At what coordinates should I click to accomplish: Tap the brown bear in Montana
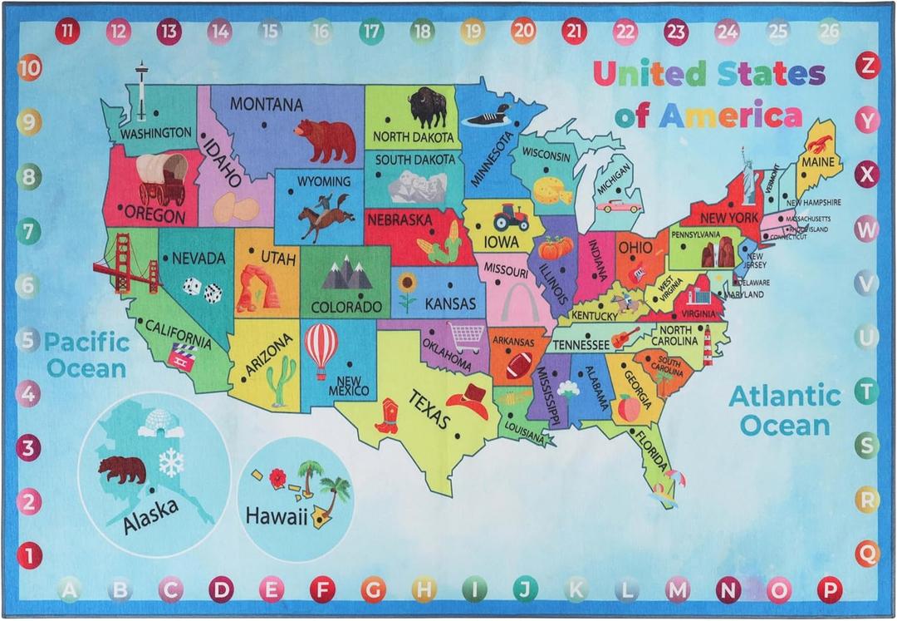pyautogui.click(x=326, y=139)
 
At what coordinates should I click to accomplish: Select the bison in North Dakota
pyautogui.click(x=428, y=106)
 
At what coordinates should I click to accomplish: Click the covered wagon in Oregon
pyautogui.click(x=163, y=178)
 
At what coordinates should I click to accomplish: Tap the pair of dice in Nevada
pyautogui.click(x=203, y=289)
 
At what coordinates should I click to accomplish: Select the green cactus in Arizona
pyautogui.click(x=282, y=379)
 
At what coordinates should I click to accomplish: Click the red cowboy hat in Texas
pyautogui.click(x=472, y=401)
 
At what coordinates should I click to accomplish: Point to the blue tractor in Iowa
pyautogui.click(x=511, y=218)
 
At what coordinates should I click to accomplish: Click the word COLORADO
pyautogui.click(x=346, y=307)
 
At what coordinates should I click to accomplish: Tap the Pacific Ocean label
pyautogui.click(x=86, y=354)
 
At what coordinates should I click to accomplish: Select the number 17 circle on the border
pyautogui.click(x=371, y=32)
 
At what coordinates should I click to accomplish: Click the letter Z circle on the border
pyautogui.click(x=869, y=65)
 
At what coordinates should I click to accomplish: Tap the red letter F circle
pyautogui.click(x=322, y=589)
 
